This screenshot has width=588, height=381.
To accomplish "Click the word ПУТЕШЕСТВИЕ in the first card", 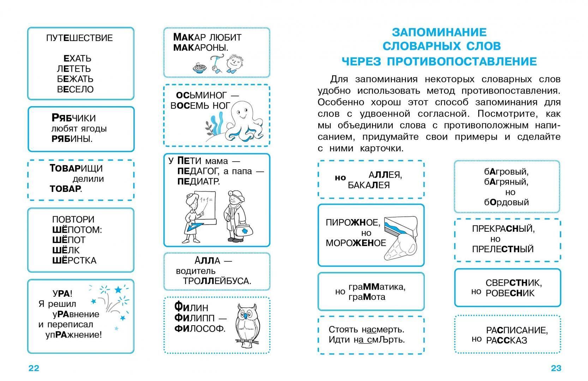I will click(x=79, y=38).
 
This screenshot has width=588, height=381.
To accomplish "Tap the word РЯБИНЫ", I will click(x=72, y=139).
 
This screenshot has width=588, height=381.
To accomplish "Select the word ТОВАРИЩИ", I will click(x=76, y=168).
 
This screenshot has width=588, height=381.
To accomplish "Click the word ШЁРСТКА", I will click(x=74, y=261).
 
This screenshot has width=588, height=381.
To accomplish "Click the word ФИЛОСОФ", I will click(x=199, y=328).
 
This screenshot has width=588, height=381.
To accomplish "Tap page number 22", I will click(x=34, y=368).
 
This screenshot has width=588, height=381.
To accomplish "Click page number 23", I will click(x=556, y=368).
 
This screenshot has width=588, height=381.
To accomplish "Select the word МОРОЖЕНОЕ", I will click(x=356, y=243).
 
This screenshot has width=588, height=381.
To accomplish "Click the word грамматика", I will click(x=377, y=287).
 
